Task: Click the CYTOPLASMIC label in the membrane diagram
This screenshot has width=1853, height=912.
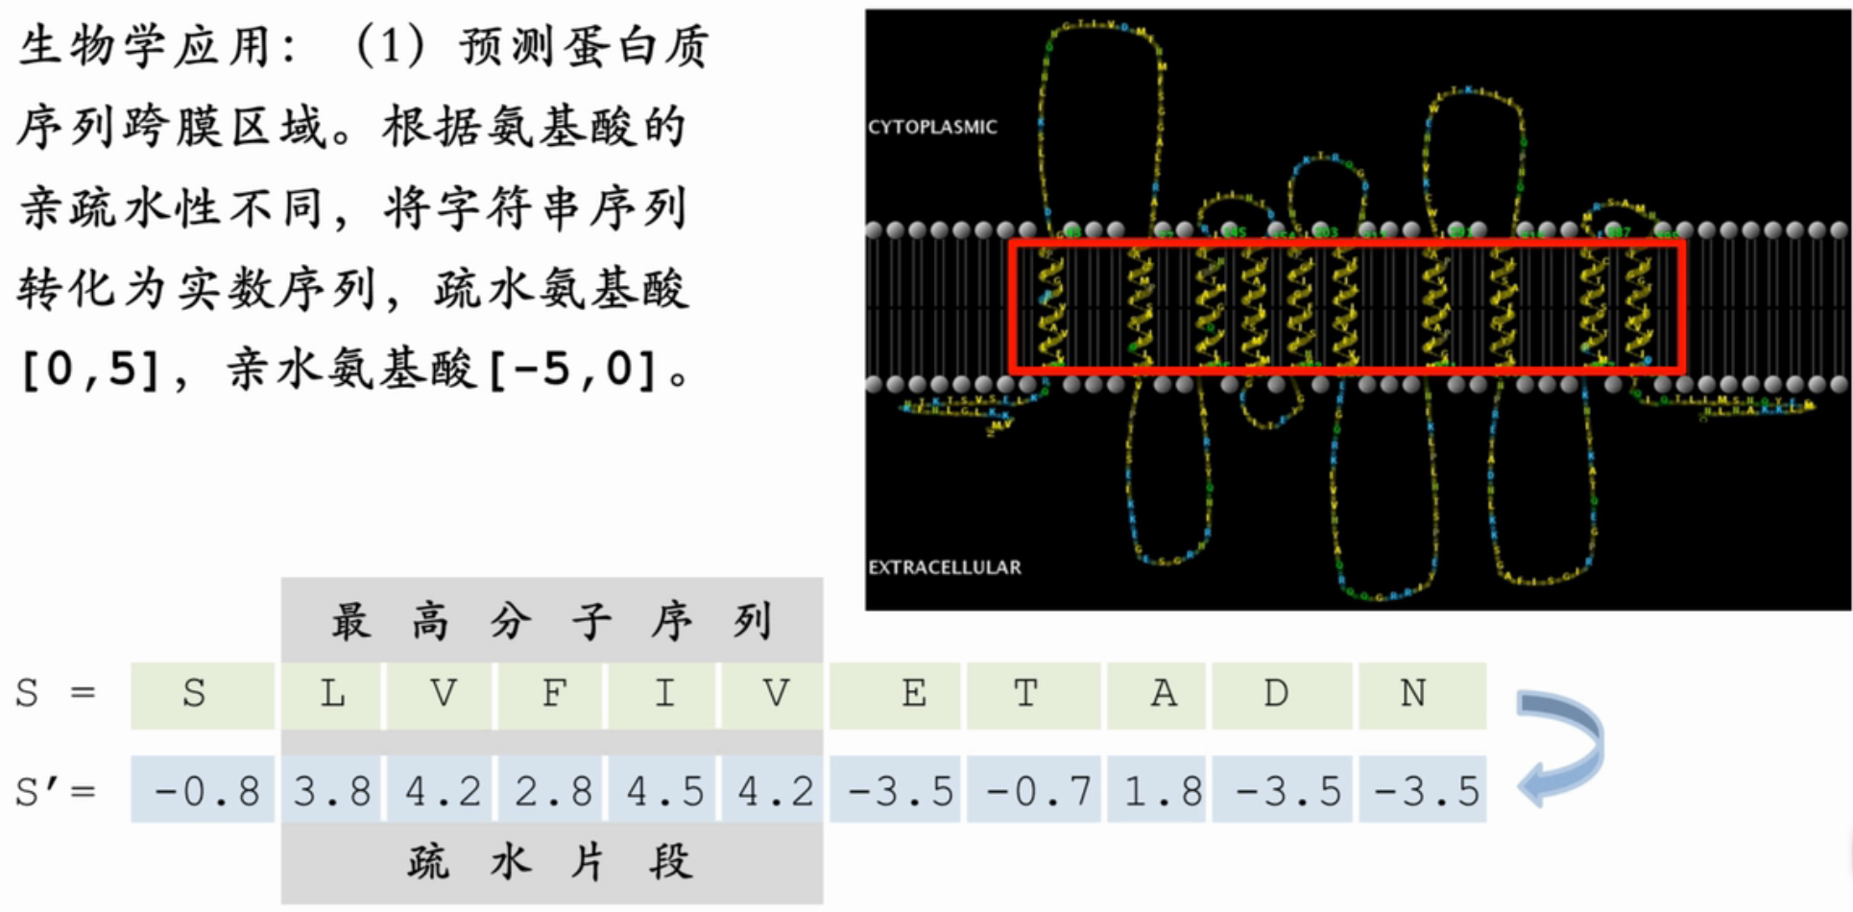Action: tap(932, 127)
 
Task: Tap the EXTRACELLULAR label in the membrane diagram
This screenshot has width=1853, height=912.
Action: tap(945, 567)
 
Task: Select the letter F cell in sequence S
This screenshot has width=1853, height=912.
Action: tap(553, 694)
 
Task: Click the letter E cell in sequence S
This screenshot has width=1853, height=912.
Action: tap(913, 694)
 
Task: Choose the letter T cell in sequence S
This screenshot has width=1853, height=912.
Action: tap(1025, 694)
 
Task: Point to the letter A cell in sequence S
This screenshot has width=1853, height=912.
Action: tap(1164, 694)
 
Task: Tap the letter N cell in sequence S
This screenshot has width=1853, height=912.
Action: tap(1412, 694)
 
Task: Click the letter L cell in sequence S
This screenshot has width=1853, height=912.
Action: tap(332, 694)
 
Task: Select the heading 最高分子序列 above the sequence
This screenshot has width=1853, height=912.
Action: tap(551, 622)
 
